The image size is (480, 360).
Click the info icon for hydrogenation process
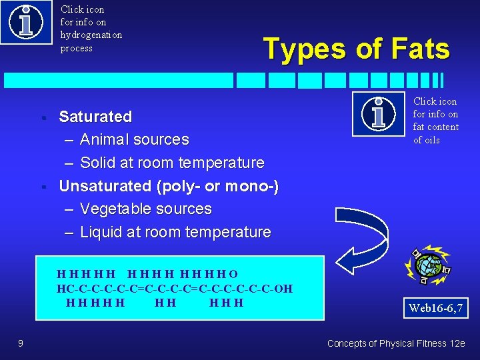25,22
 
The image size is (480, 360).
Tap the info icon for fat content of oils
378,113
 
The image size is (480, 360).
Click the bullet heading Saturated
95,117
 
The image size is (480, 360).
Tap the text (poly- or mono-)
217,186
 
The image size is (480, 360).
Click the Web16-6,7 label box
435,309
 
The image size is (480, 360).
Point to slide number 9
21,343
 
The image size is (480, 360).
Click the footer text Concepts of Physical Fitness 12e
397,343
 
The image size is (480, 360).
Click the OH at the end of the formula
283,289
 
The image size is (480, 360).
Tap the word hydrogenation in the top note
91,35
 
